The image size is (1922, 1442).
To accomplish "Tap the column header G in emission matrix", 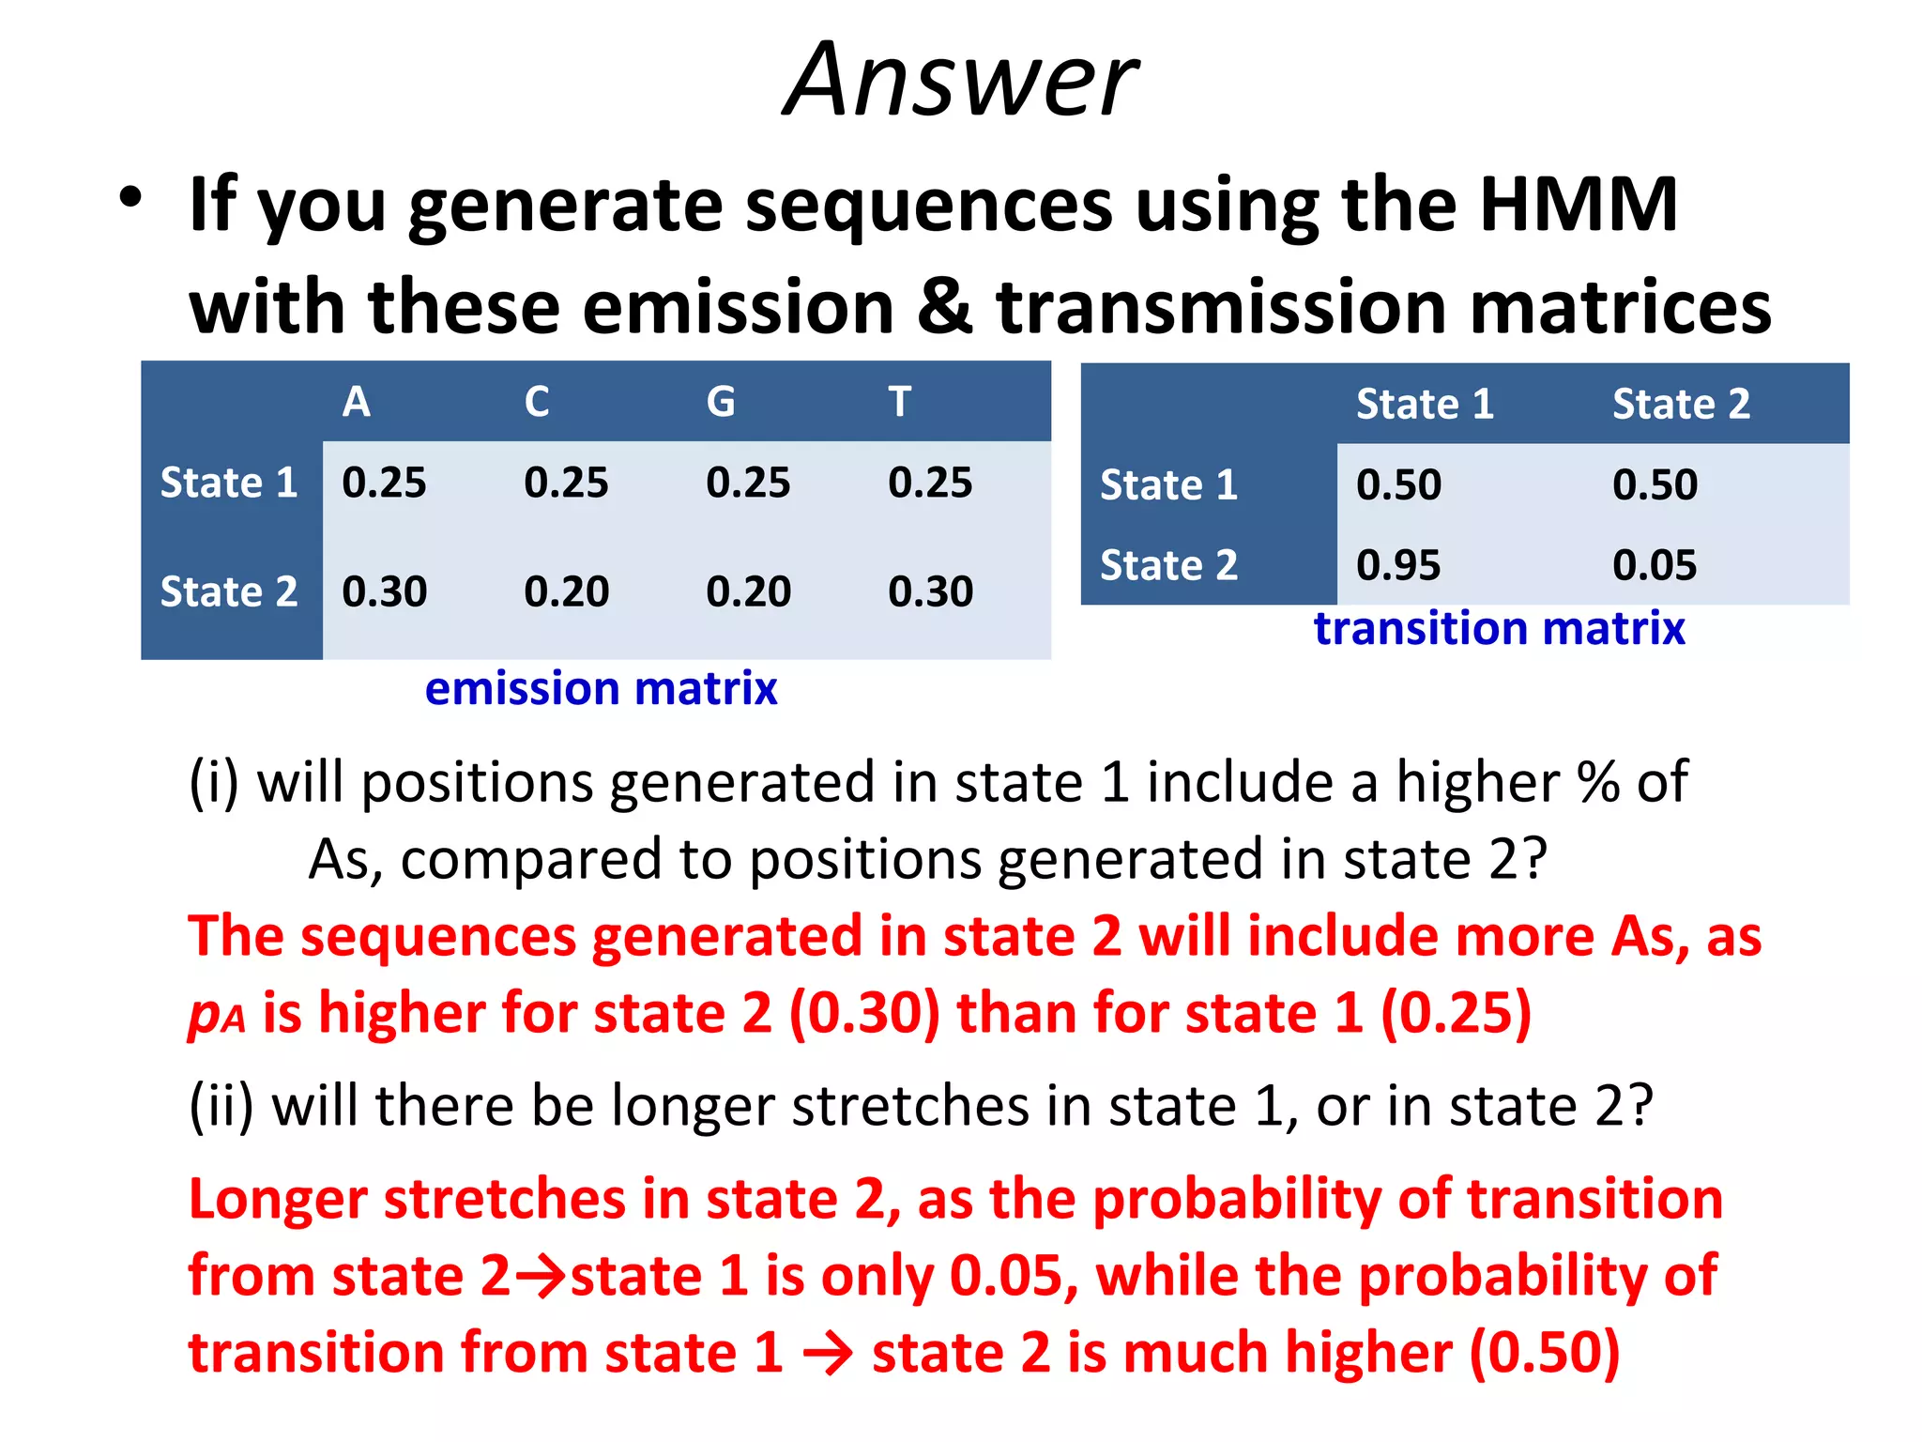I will coord(720,402).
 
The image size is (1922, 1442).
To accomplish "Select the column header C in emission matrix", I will coord(537,402).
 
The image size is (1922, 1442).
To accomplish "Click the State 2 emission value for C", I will coord(566,591).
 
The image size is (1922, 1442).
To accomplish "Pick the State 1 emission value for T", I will coord(930,483).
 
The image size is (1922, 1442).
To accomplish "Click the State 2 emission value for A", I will coord(384,591).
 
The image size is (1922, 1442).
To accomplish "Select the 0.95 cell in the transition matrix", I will coord(1398,565).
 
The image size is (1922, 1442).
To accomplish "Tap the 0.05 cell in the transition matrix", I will coord(1655,565).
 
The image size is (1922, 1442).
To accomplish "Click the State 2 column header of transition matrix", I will coord(1681,404).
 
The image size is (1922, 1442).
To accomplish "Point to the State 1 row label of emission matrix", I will coord(229,483).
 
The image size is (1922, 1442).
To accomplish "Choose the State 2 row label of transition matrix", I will coord(1168,565).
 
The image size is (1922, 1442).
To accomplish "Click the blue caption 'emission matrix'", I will coord(601,688).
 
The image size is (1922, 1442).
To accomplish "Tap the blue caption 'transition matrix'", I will coord(1499,628).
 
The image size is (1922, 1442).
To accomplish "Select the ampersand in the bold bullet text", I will coord(945,307).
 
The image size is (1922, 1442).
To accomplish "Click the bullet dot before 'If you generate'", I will coord(130,198).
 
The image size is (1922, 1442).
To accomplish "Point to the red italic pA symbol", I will coord(216,1015).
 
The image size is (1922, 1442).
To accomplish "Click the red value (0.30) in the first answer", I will coord(864,1014).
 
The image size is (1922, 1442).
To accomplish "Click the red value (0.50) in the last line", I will coord(1545,1352).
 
